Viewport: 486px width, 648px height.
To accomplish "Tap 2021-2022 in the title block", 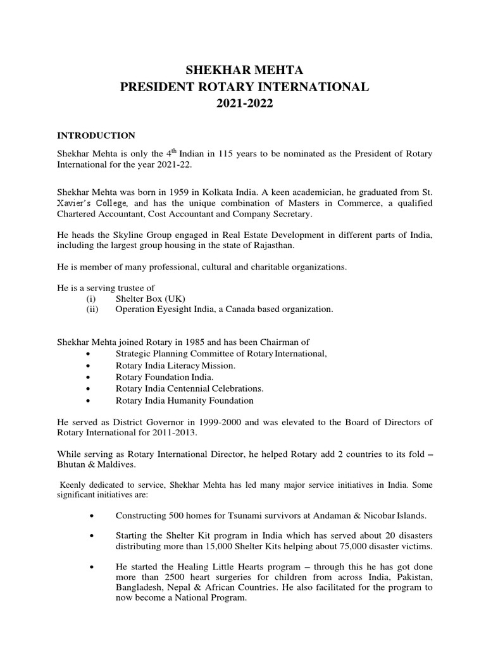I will point(244,104).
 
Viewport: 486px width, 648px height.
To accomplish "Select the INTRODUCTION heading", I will point(96,135).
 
